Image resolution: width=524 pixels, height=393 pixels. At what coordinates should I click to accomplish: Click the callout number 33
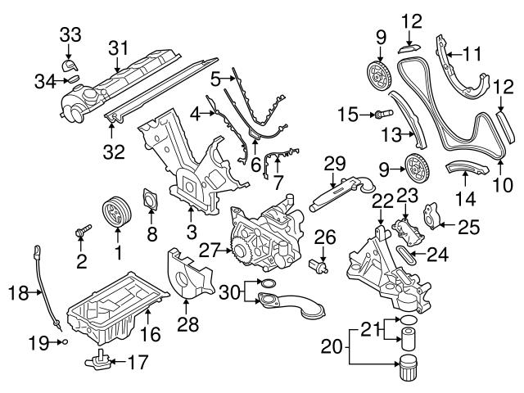coord(70,34)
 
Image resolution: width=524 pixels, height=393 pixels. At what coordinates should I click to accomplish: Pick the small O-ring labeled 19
coord(63,343)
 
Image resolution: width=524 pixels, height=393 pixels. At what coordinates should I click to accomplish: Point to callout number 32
coord(110,151)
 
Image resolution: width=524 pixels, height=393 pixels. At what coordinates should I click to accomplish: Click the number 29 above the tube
coord(334,162)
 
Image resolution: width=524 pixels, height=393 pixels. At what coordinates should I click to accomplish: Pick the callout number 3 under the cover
coord(192,232)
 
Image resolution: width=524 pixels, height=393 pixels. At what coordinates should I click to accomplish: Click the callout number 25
coord(468,227)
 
